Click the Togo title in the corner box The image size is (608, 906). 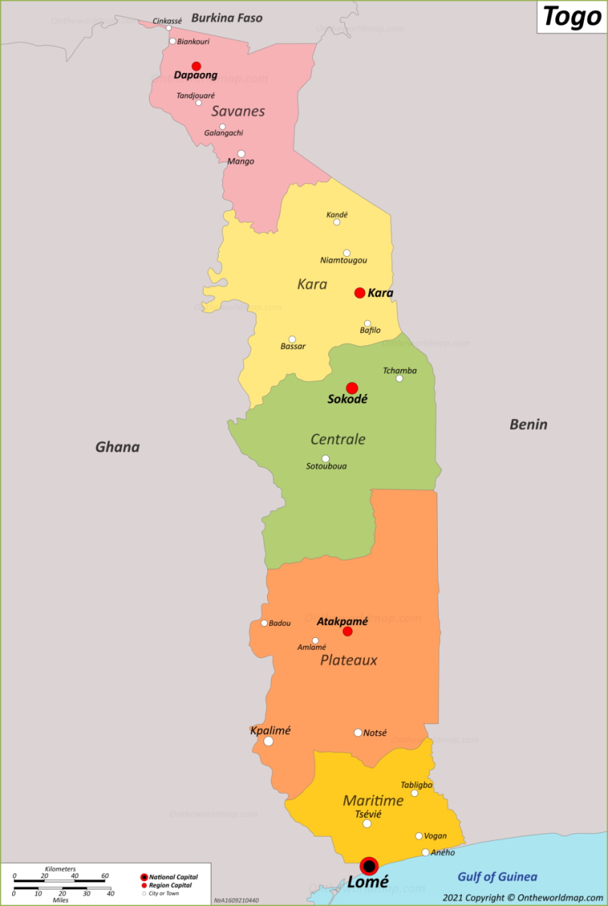572,17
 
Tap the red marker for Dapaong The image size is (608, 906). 196,66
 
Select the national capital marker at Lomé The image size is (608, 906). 369,866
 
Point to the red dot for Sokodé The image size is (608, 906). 352,388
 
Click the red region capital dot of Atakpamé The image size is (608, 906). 348,632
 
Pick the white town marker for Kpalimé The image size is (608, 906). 269,741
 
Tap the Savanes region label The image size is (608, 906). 238,111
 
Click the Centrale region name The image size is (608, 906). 338,439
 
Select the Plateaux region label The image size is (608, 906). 349,660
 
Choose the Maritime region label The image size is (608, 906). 373,800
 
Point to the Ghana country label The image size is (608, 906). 117,447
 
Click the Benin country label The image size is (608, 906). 528,424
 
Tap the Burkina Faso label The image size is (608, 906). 227,18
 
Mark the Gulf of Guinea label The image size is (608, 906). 497,877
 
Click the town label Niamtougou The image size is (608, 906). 344,260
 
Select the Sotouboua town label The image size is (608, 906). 326,466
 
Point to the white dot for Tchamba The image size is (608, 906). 399,379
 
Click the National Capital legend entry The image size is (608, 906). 173,877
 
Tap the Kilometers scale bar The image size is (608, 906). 60,879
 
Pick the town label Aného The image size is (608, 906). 443,852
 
